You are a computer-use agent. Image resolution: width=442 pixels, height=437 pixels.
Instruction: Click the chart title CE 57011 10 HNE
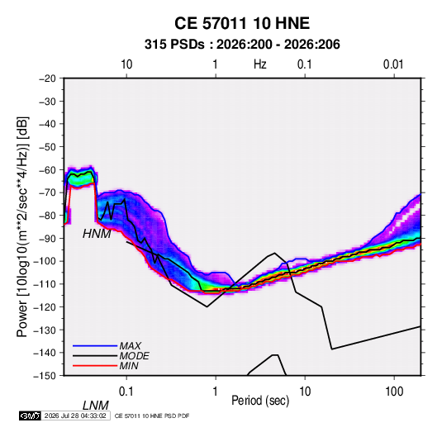tap(242, 23)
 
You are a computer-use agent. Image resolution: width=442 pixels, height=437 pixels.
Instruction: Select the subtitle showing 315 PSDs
tap(242, 45)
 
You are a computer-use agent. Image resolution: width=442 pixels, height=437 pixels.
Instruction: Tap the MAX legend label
tap(131, 345)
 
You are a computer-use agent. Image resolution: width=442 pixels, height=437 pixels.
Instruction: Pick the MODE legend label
tap(134, 356)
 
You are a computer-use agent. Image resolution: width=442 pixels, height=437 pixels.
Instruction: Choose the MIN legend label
tap(129, 366)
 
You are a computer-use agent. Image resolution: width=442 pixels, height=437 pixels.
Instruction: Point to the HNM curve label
tap(97, 234)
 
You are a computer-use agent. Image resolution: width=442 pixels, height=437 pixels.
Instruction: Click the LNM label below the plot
tap(96, 406)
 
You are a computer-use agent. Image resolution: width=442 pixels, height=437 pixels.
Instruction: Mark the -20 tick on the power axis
tap(47, 78)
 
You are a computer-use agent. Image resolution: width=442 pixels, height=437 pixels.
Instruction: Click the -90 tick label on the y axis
tap(47, 238)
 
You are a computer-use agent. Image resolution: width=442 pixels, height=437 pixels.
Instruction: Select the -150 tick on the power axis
tap(45, 376)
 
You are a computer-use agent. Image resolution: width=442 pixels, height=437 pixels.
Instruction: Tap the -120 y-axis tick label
tap(45, 306)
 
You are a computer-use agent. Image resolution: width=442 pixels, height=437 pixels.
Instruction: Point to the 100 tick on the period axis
tap(394, 392)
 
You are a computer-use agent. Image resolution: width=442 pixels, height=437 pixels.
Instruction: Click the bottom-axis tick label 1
tap(216, 392)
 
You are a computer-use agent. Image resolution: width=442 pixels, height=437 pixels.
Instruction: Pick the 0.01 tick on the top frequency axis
tap(393, 64)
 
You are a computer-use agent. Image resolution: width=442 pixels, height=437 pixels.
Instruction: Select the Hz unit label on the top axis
tap(260, 64)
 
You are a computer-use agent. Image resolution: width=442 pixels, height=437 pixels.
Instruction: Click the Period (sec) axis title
tap(260, 401)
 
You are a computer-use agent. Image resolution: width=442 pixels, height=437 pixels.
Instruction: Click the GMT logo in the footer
tap(31, 416)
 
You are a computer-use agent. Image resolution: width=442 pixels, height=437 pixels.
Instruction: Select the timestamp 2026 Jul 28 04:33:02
tap(75, 416)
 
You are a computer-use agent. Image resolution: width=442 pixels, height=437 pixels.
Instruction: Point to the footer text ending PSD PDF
tap(152, 416)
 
